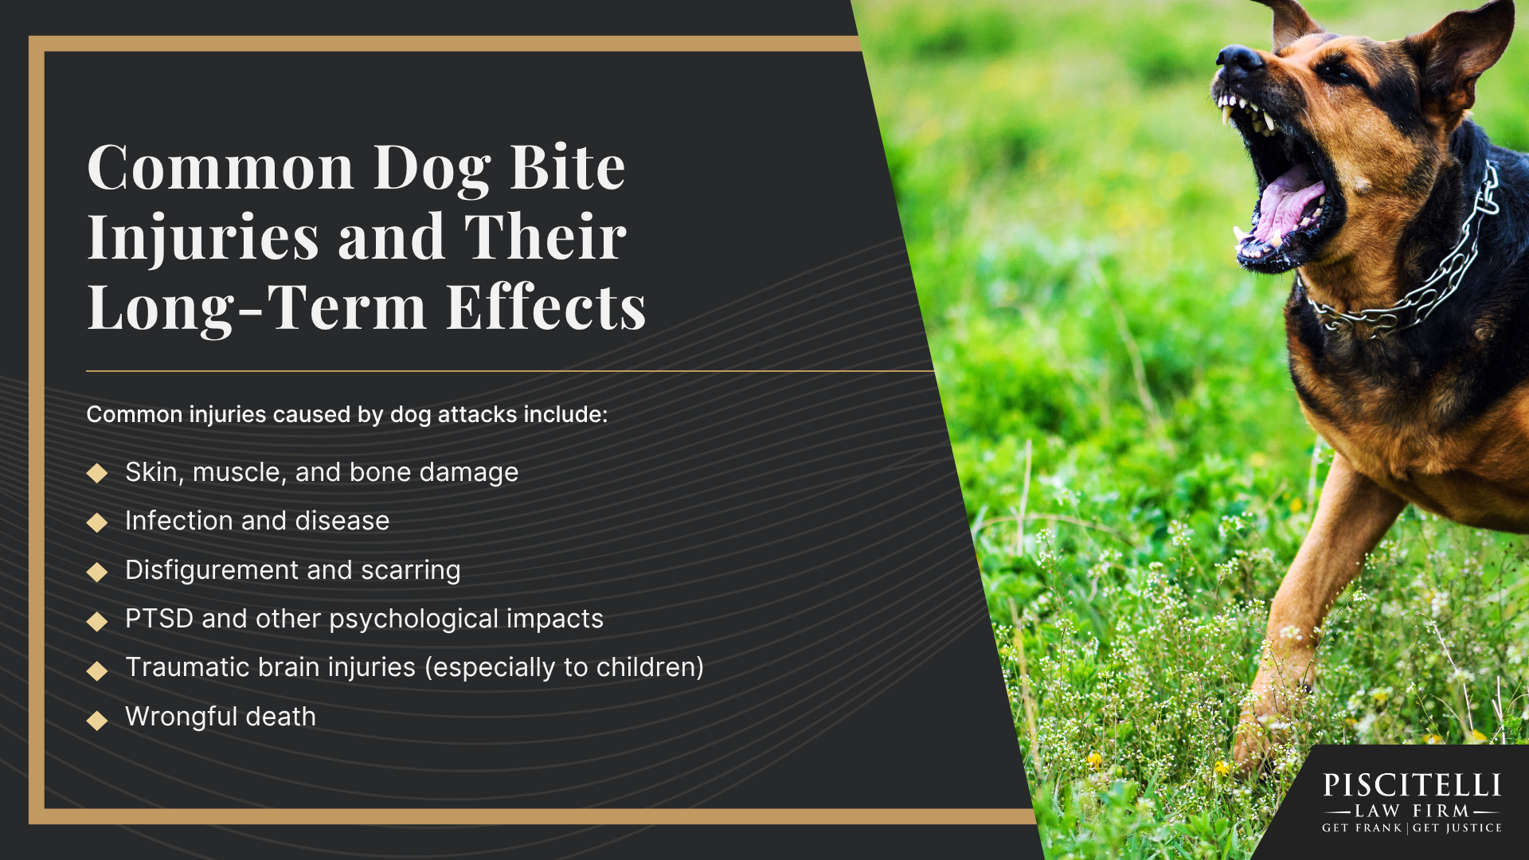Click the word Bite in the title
pos(567,168)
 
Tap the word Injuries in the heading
pos(203,237)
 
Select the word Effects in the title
pos(546,307)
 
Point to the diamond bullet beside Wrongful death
pos(97,720)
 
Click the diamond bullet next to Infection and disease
pos(97,522)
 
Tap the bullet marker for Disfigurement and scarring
pos(97,572)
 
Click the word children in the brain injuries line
pos(645,667)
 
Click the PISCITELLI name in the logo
pos(1412,786)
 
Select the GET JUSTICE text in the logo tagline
pos(1457,828)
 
